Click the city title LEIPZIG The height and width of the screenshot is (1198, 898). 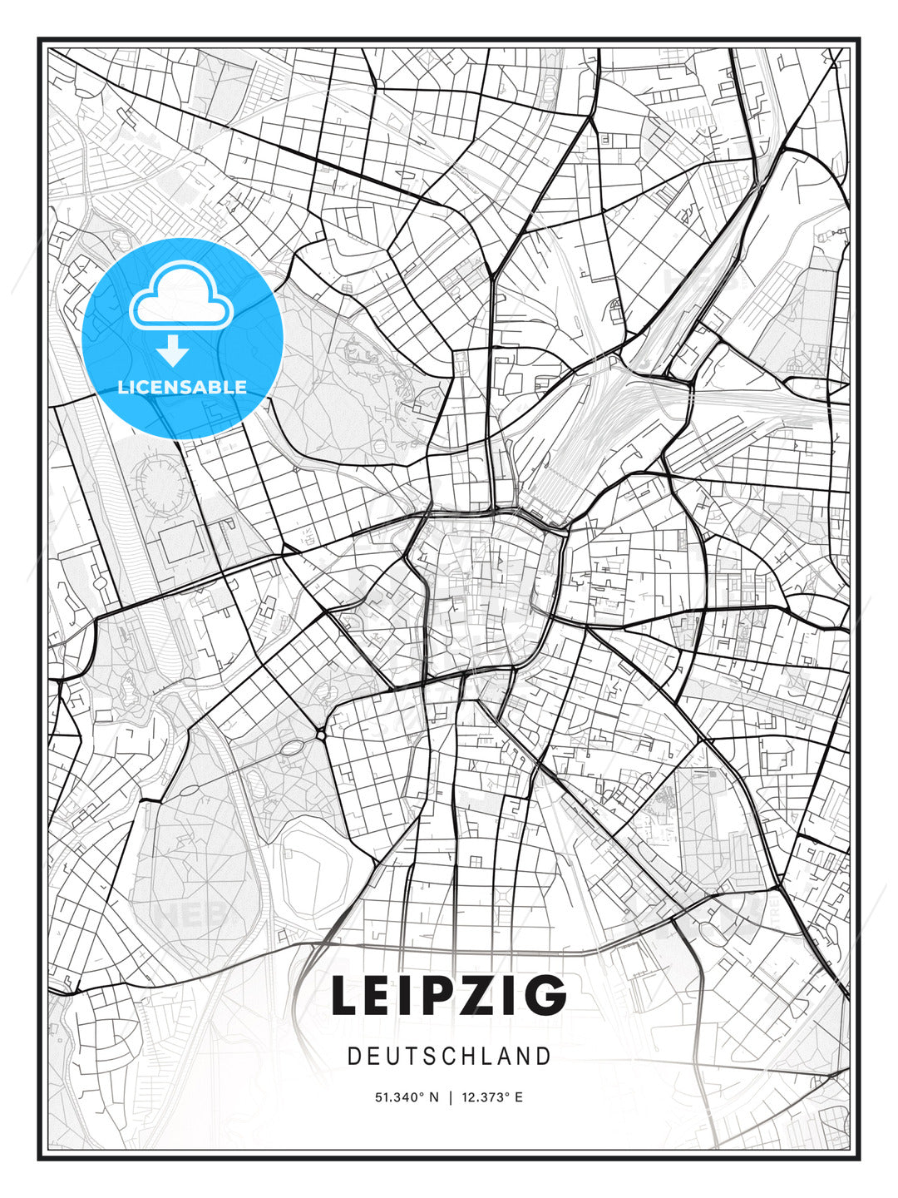[x=449, y=996]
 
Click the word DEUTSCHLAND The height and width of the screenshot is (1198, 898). [x=449, y=1057]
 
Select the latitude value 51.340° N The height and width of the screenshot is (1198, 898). [x=407, y=1097]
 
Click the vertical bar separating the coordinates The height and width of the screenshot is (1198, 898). [x=451, y=1097]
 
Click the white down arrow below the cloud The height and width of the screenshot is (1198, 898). [x=173, y=351]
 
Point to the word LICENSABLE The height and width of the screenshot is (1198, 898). [x=182, y=387]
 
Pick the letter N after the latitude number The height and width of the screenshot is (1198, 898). [x=434, y=1097]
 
